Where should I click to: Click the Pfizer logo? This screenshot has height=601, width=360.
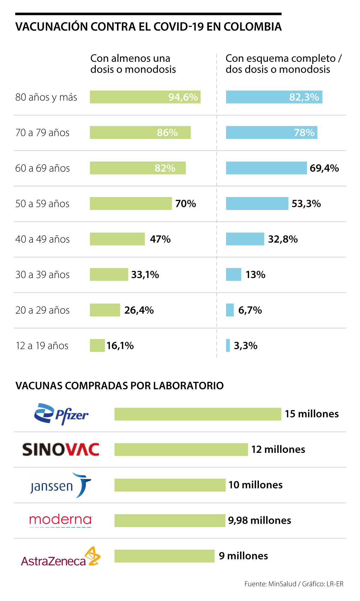pos(61,414)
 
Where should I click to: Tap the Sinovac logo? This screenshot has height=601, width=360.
pos(61,450)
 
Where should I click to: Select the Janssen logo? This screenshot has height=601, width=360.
pos(61,485)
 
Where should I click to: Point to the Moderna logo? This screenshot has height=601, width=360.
pos(61,520)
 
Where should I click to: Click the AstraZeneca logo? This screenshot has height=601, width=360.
pos(61,557)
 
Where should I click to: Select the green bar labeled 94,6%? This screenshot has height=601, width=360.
pos(145,97)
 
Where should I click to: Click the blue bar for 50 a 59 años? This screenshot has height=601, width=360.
pos(257,204)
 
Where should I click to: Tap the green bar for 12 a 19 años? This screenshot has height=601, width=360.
pos(97,345)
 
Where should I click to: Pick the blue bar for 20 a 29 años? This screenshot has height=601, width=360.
pos(230,310)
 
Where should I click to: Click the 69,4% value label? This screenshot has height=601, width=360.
pos(324,168)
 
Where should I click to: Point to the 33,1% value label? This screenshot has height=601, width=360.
pos(145,275)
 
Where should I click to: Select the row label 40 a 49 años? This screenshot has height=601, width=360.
pos(43,239)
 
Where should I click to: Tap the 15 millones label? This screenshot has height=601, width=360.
pos(312,414)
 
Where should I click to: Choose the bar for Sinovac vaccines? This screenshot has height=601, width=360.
pos(181,450)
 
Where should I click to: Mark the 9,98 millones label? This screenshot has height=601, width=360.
pos(259,521)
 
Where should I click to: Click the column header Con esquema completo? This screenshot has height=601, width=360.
pos(283,64)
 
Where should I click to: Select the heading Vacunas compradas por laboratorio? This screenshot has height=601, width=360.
pos(119,386)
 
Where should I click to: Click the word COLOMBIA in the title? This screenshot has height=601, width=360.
pos(253,27)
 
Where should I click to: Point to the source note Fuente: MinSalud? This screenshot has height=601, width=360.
pos(270,584)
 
